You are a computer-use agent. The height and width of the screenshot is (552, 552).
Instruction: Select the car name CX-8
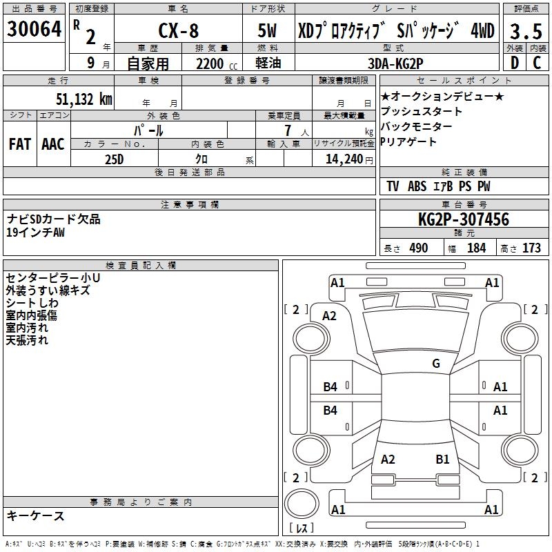[177, 32]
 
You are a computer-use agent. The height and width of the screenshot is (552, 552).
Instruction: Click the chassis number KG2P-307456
[464, 220]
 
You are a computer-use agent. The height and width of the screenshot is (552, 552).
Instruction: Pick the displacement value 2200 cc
[210, 63]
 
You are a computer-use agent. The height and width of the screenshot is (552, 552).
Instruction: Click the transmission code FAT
[19, 144]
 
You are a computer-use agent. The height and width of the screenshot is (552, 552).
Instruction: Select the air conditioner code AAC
[52, 144]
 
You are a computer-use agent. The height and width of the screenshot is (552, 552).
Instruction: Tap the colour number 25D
[114, 159]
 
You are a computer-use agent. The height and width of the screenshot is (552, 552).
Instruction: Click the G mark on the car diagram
[436, 364]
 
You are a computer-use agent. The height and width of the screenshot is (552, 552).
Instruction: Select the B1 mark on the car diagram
[442, 459]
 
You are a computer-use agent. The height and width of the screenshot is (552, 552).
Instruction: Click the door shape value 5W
[269, 32]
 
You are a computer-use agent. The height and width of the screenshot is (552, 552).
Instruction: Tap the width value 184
[477, 248]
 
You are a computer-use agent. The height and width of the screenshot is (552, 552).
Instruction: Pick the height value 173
[531, 248]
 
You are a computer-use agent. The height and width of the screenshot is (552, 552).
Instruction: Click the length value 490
[419, 248]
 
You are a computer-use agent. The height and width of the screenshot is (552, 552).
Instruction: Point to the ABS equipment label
[417, 186]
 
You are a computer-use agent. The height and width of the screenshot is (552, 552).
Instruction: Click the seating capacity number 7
[286, 130]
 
